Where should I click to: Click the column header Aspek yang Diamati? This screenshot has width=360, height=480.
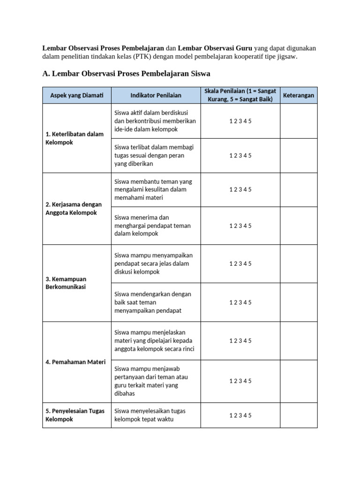click(x=76, y=96)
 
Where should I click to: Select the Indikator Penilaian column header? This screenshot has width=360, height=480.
click(x=156, y=96)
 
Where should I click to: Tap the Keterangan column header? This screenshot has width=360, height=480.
click(x=299, y=96)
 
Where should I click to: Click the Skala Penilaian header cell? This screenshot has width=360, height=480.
click(x=240, y=95)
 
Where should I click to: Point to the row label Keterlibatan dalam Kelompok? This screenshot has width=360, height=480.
click(x=75, y=138)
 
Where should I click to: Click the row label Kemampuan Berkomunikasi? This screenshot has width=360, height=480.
click(x=66, y=283)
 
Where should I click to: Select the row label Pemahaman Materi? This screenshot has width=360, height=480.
click(x=75, y=362)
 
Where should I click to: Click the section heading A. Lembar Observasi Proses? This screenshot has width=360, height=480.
click(x=127, y=73)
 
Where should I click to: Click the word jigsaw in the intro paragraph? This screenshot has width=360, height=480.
click(x=286, y=56)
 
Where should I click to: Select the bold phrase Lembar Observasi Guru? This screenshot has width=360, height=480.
click(x=215, y=48)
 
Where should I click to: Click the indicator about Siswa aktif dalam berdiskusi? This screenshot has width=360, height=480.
click(x=155, y=121)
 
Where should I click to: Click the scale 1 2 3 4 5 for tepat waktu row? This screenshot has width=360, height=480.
click(x=240, y=415)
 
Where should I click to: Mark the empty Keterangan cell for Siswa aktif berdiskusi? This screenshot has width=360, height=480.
click(x=299, y=121)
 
